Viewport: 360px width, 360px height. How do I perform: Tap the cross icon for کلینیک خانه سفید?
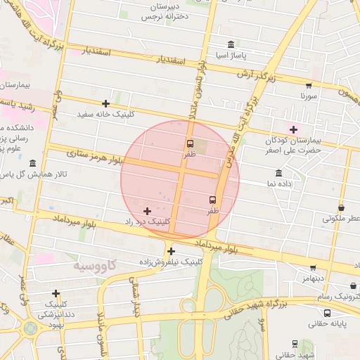click(x=106, y=103)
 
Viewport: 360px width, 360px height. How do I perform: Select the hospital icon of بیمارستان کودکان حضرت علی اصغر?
click(x=293, y=129)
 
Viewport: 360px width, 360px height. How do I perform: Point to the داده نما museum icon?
click(x=279, y=173)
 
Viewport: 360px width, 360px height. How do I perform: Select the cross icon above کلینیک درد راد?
click(x=147, y=211)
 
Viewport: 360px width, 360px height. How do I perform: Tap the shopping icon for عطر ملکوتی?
click(x=342, y=208)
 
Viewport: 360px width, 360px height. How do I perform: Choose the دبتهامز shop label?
click(x=314, y=278)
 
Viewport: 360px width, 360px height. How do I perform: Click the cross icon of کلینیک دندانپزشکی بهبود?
click(x=56, y=293)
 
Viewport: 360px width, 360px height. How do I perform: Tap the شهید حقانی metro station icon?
click(x=294, y=344)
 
